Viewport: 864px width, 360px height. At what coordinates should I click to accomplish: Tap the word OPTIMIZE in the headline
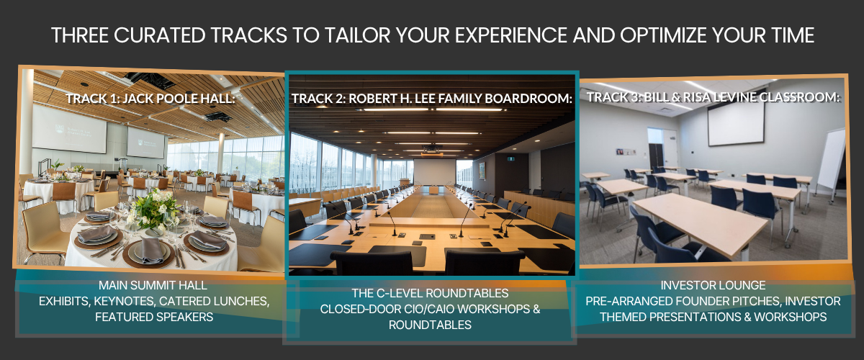(x=664, y=35)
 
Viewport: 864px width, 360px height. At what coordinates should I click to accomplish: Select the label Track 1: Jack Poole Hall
(x=150, y=99)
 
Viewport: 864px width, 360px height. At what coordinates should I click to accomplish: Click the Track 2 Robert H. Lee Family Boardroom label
(x=431, y=99)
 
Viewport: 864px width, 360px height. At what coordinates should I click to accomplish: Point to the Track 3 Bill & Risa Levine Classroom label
(x=714, y=97)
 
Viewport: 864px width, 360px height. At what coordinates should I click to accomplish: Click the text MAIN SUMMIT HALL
(x=153, y=285)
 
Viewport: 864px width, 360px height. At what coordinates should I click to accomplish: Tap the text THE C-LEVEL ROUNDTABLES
(x=430, y=293)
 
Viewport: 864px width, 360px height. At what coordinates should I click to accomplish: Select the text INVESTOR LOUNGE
(x=713, y=285)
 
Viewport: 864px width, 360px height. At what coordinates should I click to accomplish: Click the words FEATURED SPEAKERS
(x=154, y=317)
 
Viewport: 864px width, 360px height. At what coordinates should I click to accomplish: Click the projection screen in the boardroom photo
(x=434, y=172)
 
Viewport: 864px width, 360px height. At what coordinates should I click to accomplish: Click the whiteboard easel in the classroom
(x=832, y=162)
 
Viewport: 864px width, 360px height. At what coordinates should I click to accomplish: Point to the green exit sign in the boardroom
(x=511, y=158)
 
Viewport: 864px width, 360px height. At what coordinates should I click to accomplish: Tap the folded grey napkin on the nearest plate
(x=151, y=250)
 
